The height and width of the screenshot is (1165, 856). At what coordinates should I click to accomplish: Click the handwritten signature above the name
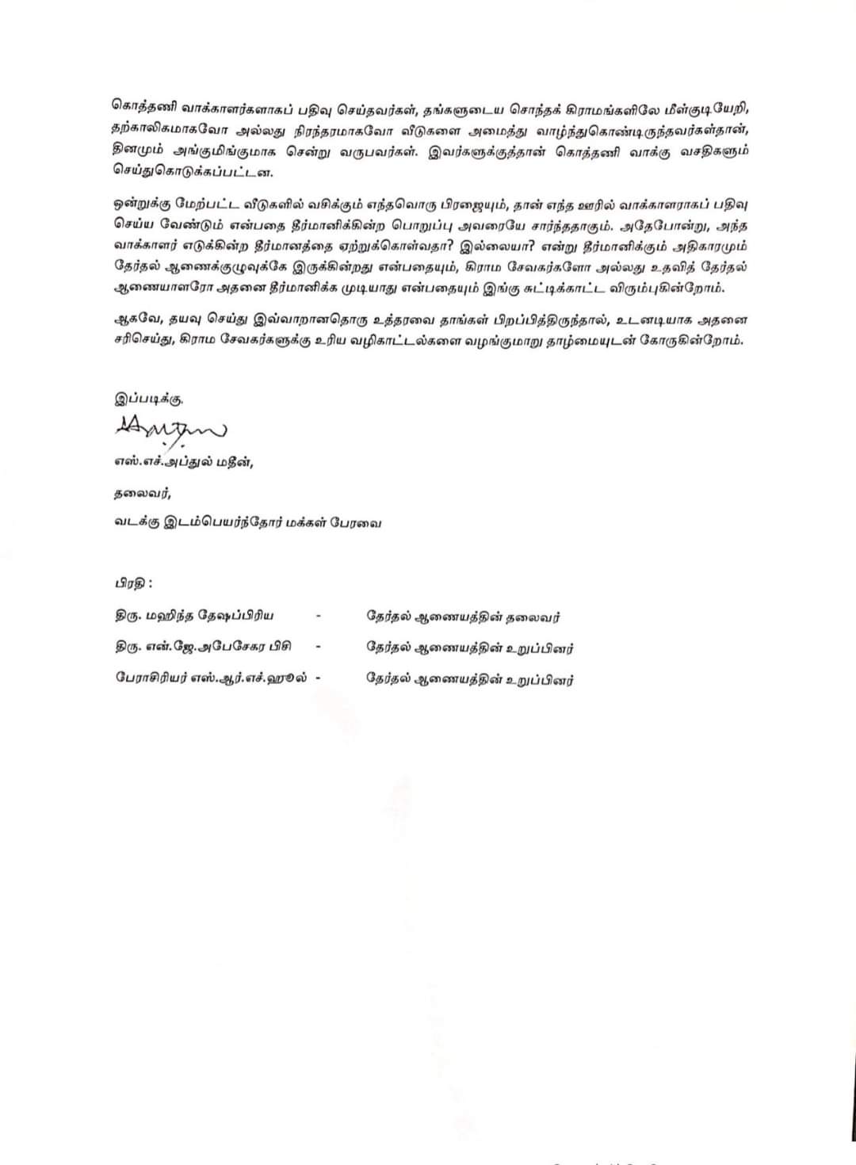[x=170, y=429]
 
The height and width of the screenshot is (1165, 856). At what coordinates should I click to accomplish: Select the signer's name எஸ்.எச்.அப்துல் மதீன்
[x=183, y=464]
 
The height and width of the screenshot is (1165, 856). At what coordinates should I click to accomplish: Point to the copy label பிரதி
[x=132, y=583]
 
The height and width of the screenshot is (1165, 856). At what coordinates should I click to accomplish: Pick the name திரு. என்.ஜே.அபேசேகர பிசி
[x=203, y=647]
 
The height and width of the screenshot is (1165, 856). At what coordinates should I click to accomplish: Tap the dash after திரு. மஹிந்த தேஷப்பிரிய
[x=318, y=616]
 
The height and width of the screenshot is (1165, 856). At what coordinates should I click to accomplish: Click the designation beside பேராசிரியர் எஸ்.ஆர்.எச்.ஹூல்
[x=469, y=679]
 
